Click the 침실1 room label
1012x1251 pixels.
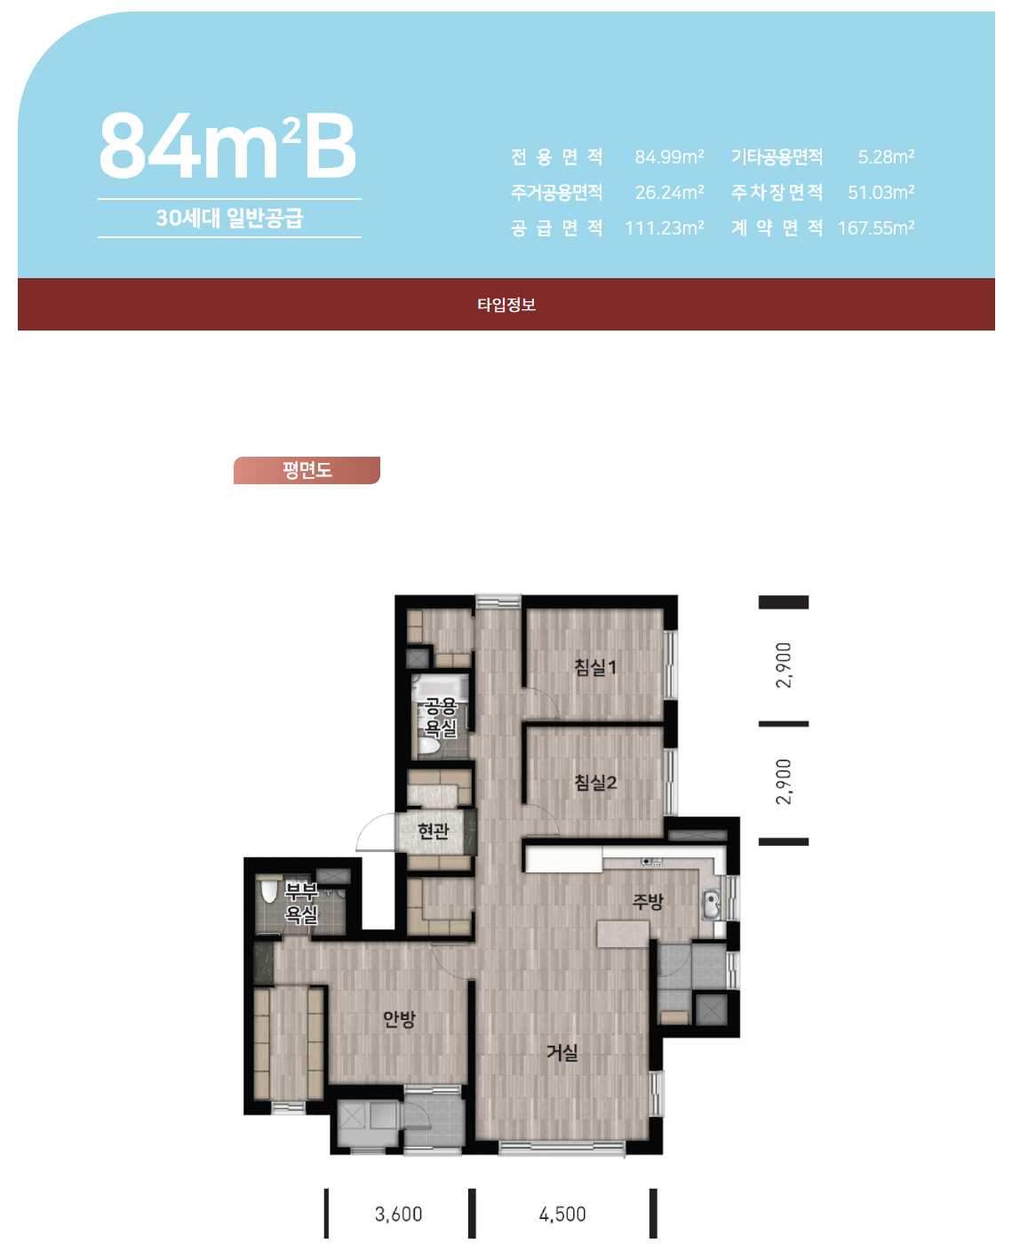tap(595, 667)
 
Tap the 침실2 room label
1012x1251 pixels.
tap(595, 782)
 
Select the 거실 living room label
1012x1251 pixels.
tap(562, 1053)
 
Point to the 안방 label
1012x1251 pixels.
tap(399, 1019)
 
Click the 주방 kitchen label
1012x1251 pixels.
tap(648, 900)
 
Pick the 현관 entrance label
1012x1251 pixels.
tap(433, 831)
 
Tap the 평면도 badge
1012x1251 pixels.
tap(307, 470)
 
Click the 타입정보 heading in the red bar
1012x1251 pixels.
tap(506, 304)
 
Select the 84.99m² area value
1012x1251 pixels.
tap(669, 156)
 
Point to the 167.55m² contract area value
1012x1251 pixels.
tap(876, 227)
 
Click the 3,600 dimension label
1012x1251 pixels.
tap(398, 1215)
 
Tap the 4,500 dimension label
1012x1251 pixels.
tap(562, 1215)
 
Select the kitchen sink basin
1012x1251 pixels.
tap(712, 905)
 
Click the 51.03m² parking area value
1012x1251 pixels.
tap(881, 192)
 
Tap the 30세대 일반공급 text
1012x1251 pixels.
tap(229, 218)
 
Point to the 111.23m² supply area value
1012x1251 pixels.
tap(665, 227)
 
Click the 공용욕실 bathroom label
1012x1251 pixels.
tap(441, 717)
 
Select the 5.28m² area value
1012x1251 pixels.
tap(887, 156)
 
